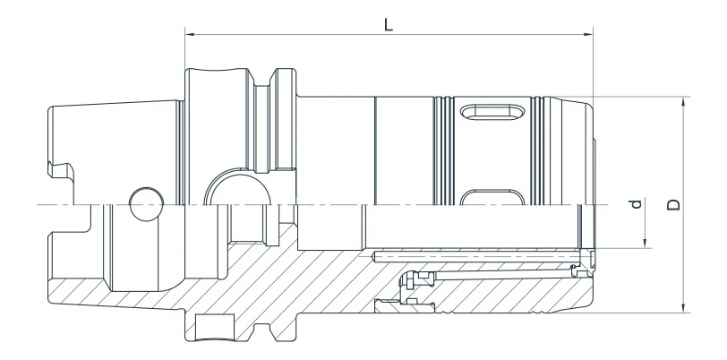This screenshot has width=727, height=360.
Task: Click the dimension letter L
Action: [388, 24]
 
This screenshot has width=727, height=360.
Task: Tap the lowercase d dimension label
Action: [637, 205]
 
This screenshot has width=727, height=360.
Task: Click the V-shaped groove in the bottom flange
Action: [268, 331]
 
